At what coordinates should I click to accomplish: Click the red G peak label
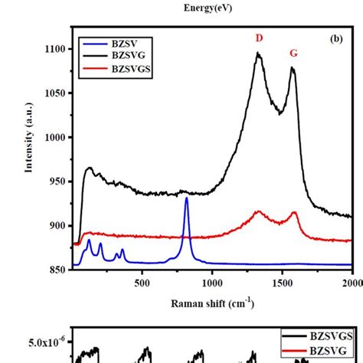(293, 53)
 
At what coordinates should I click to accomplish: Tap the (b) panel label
(335, 38)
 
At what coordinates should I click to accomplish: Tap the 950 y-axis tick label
(59, 181)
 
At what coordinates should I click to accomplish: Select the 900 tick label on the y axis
(59, 226)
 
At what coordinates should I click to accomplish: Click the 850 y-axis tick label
(59, 270)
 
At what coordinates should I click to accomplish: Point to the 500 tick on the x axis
(142, 283)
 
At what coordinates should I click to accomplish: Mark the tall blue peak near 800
(186, 199)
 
